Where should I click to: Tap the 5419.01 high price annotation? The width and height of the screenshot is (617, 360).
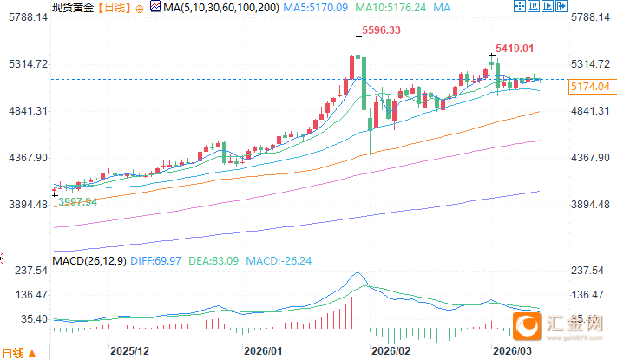514,49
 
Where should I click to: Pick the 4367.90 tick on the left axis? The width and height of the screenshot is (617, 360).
25,158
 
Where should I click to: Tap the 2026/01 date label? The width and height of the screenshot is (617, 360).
264,352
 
